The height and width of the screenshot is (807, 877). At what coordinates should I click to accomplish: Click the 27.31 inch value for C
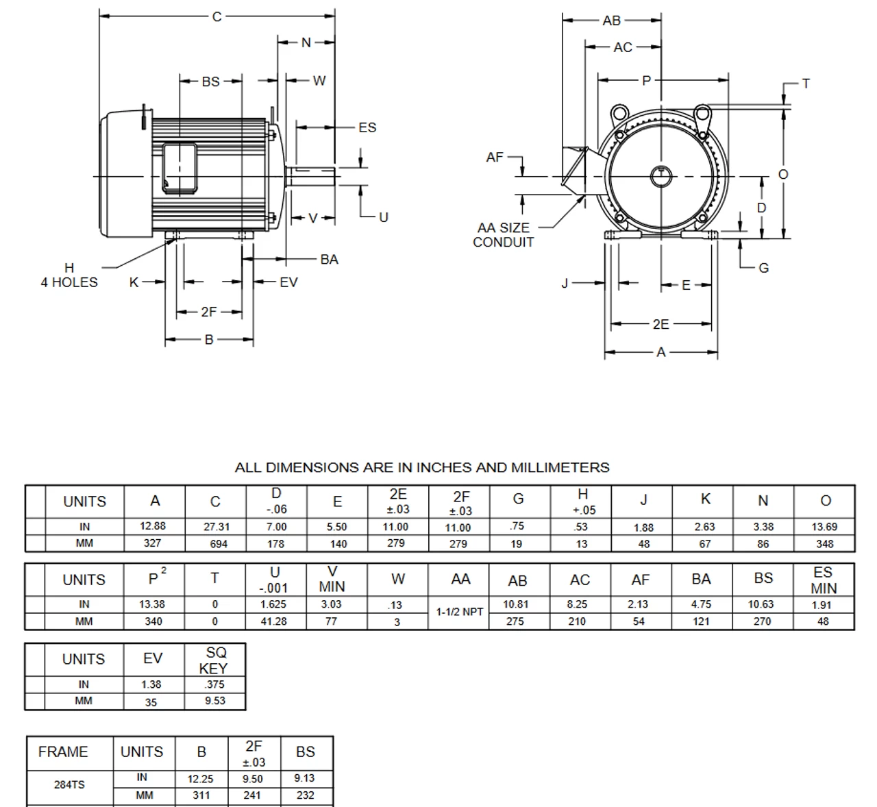point(217,527)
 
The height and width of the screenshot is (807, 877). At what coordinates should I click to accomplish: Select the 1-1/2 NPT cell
point(459,612)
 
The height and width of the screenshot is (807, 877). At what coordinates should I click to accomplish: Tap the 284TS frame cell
point(69,784)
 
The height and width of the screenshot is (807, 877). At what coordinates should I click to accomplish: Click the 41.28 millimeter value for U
point(273,621)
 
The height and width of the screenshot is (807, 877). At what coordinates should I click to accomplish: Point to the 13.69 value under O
point(824,527)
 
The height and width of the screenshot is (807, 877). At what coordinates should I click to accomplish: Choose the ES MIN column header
point(824,580)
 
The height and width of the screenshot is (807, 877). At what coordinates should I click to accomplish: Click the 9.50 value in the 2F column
point(253,779)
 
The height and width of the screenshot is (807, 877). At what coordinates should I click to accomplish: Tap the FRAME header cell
point(63,752)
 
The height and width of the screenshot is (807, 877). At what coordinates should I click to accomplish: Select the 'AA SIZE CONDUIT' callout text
point(503,235)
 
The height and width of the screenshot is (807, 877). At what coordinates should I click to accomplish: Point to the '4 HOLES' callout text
point(69,282)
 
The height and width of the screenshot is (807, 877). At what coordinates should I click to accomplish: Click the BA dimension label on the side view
point(329,259)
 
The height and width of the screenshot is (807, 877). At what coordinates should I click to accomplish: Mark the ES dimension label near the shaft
point(367,127)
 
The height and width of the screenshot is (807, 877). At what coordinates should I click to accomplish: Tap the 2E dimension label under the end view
point(660,324)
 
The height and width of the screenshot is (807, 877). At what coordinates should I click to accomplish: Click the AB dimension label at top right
point(612,21)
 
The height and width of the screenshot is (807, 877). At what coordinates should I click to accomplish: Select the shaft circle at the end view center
point(661,177)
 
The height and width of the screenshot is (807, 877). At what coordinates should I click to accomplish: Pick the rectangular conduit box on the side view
point(180,169)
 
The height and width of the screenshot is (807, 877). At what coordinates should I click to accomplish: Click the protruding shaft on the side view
point(310,177)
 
